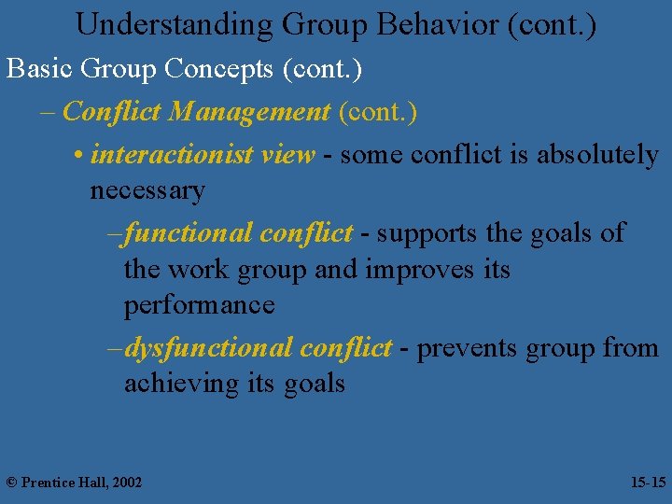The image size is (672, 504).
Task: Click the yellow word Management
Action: [x=249, y=113]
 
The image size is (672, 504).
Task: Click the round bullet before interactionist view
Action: [x=76, y=156]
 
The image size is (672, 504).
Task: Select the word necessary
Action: [x=147, y=191]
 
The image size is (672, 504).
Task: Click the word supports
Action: [x=419, y=232]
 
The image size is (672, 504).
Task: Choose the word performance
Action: [x=199, y=306]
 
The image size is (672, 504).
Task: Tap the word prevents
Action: [x=467, y=348]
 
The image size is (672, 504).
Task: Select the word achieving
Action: [x=182, y=384]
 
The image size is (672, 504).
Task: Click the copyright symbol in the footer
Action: [x=11, y=483]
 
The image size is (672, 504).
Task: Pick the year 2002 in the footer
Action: [x=126, y=483]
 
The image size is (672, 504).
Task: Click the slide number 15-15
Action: [x=648, y=483]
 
